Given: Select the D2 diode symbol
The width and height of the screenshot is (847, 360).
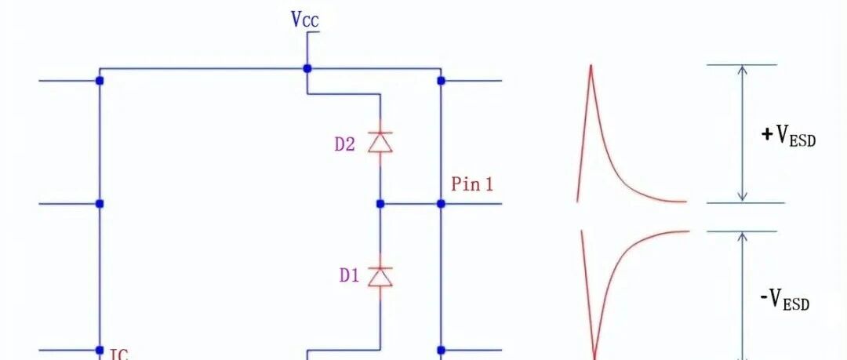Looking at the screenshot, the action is (380, 142).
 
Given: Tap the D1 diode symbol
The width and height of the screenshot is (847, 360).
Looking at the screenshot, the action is (380, 276).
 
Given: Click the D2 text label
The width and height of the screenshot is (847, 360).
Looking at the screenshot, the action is (345, 144).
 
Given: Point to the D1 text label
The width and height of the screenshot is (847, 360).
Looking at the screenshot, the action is (349, 275).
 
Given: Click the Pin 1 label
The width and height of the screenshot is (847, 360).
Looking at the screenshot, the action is (472, 184).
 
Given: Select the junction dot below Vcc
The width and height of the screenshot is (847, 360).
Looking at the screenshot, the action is (307, 69).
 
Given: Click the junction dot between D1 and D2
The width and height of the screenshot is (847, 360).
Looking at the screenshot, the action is (380, 204).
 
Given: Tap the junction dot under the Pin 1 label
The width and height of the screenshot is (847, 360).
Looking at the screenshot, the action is (441, 204).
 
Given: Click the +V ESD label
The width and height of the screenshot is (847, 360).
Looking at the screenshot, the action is (788, 136).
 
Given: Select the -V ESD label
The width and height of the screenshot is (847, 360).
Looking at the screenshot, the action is (785, 299).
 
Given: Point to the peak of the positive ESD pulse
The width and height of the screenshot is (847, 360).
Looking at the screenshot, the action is (591, 65).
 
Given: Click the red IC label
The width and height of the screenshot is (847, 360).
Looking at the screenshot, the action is (119, 355).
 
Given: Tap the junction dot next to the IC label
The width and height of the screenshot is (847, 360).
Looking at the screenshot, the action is (100, 351).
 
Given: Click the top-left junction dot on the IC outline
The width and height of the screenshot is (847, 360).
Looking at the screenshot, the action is (100, 81).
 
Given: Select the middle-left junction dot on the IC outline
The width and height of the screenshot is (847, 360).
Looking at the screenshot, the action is (100, 204).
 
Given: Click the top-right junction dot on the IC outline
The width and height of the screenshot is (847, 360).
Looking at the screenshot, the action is (441, 81).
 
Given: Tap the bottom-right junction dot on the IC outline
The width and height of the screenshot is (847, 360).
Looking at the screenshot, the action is (441, 351).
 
